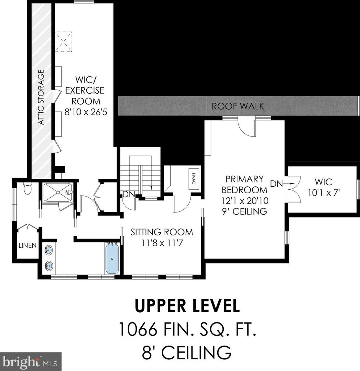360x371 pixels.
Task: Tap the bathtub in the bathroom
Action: pyautogui.click(x=112, y=259)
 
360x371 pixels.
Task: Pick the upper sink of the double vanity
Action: pyautogui.click(x=49, y=250)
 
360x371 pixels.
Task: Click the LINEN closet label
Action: pyautogui.click(x=28, y=246)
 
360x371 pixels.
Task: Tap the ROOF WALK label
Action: pyautogui.click(x=238, y=106)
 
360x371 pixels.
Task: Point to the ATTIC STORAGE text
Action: pyautogui.click(x=41, y=97)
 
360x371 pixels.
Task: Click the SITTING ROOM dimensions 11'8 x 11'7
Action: pyautogui.click(x=162, y=243)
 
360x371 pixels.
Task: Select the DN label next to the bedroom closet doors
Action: pyautogui.click(x=276, y=184)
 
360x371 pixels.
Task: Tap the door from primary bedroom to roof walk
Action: pyautogui.click(x=247, y=128)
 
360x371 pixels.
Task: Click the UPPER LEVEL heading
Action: pyautogui.click(x=187, y=306)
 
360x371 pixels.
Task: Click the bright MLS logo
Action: pyautogui.click(x=30, y=361)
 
